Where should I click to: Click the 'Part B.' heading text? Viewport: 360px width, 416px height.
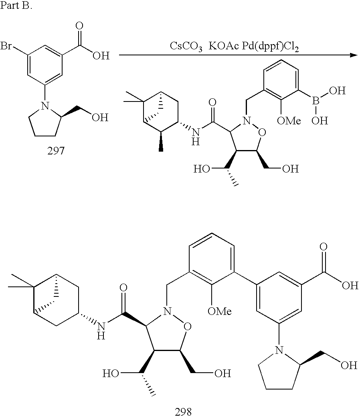(x=15, y=8)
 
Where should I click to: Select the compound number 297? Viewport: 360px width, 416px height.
(x=55, y=153)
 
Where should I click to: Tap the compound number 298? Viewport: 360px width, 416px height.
(x=183, y=411)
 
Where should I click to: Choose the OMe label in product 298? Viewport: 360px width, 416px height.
(x=219, y=310)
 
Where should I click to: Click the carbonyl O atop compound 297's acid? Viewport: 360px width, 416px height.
(x=80, y=26)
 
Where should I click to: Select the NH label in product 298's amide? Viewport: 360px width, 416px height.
(x=101, y=331)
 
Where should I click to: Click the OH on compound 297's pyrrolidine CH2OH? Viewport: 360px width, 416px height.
(x=100, y=118)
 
